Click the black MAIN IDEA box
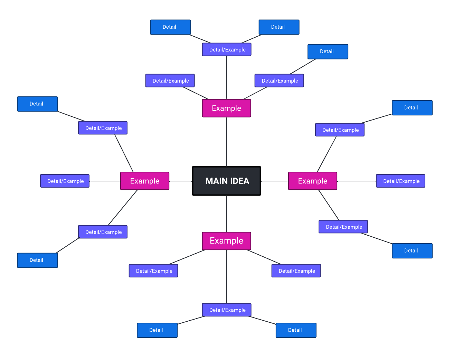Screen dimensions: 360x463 (x=226, y=181)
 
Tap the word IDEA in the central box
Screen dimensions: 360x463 (x=239, y=181)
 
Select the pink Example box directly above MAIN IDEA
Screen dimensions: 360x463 (x=226, y=108)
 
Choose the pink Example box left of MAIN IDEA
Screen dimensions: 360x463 (x=145, y=181)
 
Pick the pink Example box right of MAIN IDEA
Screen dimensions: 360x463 (x=312, y=181)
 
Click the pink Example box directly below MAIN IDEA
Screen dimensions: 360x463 (x=226, y=241)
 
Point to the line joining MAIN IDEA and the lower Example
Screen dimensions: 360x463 (x=227, y=214)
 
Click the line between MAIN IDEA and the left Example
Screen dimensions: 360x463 (x=180, y=181)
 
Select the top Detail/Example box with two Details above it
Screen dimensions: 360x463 (x=227, y=49)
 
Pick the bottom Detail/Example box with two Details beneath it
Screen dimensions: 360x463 (x=227, y=310)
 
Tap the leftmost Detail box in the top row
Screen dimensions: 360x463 (x=170, y=27)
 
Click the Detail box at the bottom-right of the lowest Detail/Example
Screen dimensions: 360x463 (x=296, y=330)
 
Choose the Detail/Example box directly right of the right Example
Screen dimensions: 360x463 (x=400, y=181)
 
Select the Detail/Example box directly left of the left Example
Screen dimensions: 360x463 (x=65, y=181)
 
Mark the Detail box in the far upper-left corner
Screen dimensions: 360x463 (x=37, y=104)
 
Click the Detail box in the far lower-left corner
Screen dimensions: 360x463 (x=37, y=260)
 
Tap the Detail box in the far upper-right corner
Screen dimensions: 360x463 (x=412, y=108)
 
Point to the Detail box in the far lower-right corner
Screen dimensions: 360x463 (x=412, y=251)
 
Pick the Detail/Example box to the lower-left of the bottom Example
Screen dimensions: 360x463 (x=153, y=271)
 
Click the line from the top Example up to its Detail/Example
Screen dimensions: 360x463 (x=227, y=78)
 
